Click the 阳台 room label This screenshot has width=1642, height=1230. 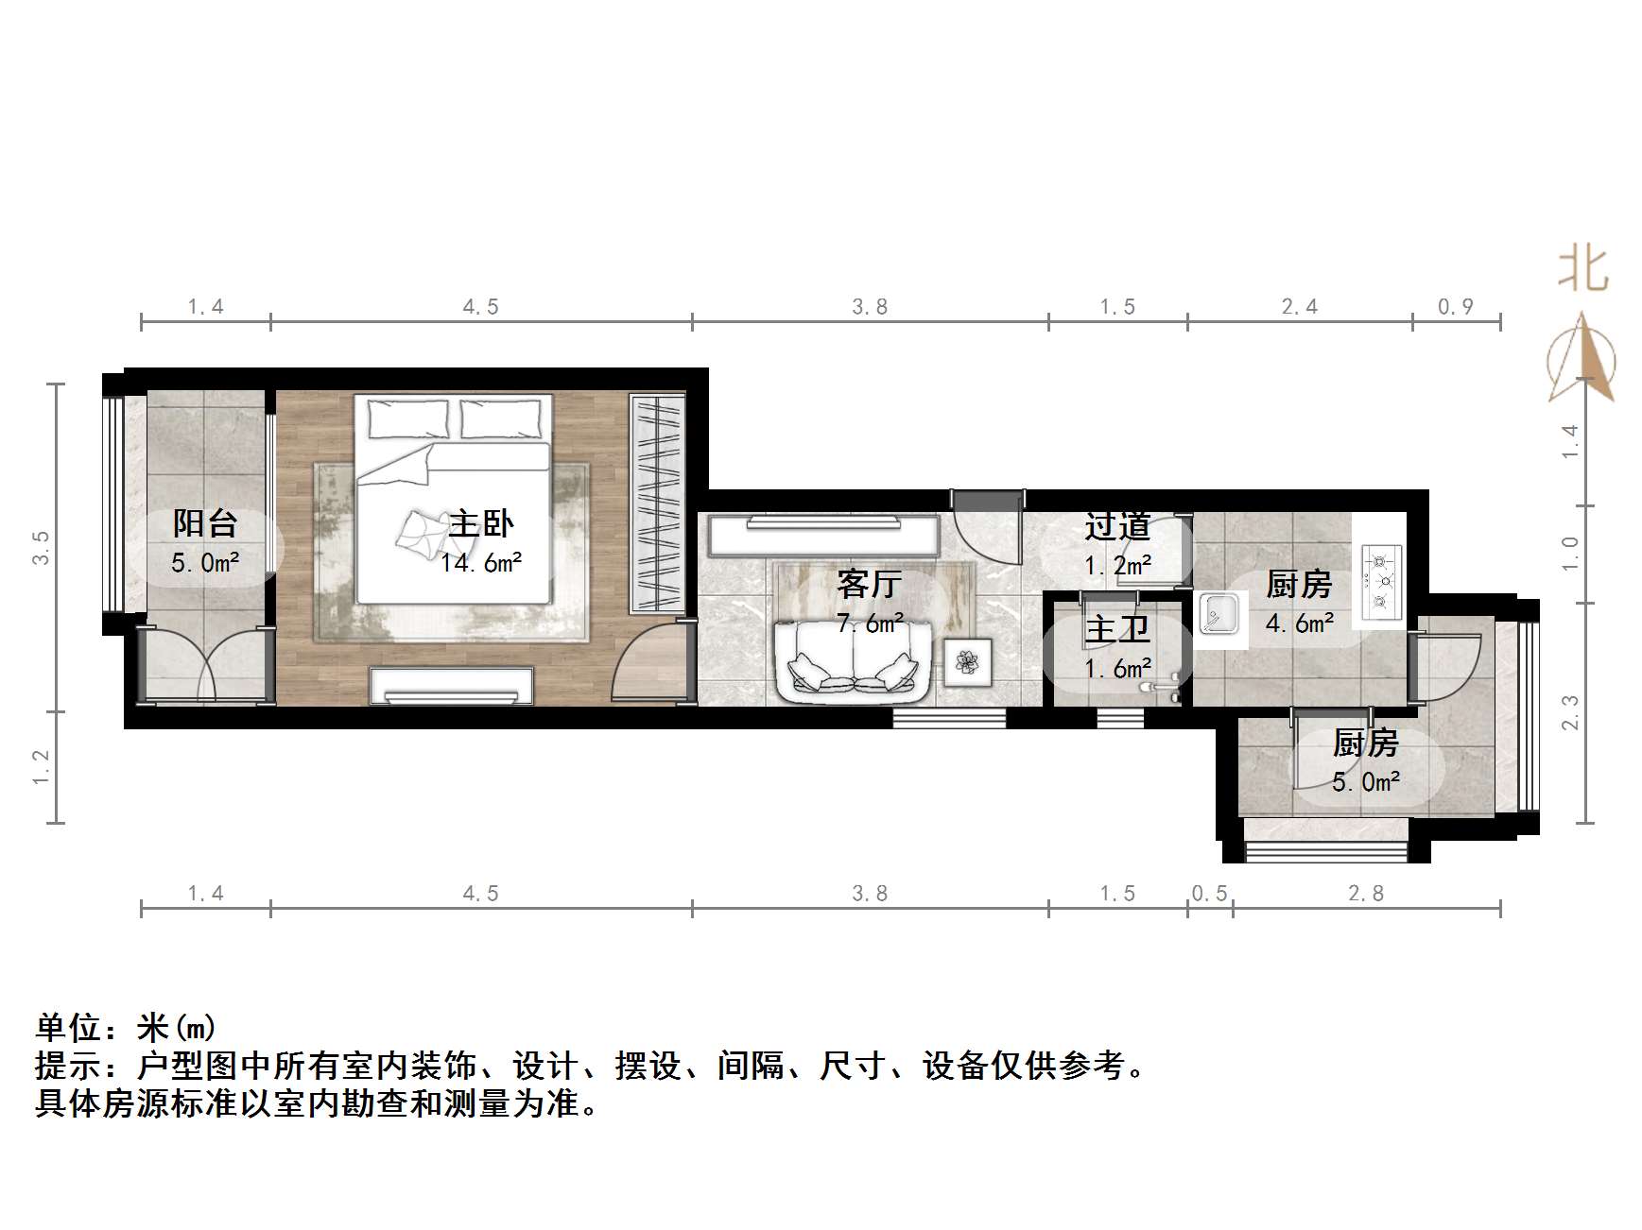click(204, 523)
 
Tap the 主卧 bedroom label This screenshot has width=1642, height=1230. click(481, 523)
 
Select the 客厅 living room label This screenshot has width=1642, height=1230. click(869, 585)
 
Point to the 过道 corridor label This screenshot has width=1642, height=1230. click(1116, 527)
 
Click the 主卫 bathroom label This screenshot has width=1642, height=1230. click(1116, 629)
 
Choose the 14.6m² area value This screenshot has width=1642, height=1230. click(481, 564)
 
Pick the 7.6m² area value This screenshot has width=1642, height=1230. click(869, 624)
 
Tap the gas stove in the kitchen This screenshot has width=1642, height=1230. click(1381, 576)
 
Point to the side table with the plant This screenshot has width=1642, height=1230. click(967, 660)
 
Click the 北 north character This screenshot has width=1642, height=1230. click(1582, 269)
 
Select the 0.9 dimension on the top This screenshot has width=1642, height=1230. click(1456, 307)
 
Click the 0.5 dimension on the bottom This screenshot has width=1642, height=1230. click(1210, 894)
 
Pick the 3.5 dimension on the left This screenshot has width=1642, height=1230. click(41, 548)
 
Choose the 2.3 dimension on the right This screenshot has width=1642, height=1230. click(1570, 711)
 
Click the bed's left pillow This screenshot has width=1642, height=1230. click(408, 418)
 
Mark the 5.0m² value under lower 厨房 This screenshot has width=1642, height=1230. click(1366, 782)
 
